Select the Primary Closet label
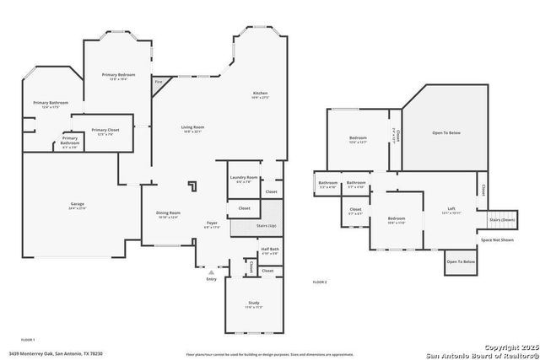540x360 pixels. [x=105, y=130]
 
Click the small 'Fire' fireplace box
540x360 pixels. [x=158, y=82]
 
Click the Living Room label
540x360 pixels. [x=193, y=128]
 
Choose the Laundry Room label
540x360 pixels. [x=246, y=178]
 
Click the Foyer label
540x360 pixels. [x=213, y=223]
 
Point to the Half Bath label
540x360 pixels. [x=270, y=250]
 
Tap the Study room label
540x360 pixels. [x=254, y=305]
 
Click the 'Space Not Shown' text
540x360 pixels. [x=497, y=240]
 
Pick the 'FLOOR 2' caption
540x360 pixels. [x=320, y=282]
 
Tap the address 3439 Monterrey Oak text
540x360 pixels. [x=56, y=354]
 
